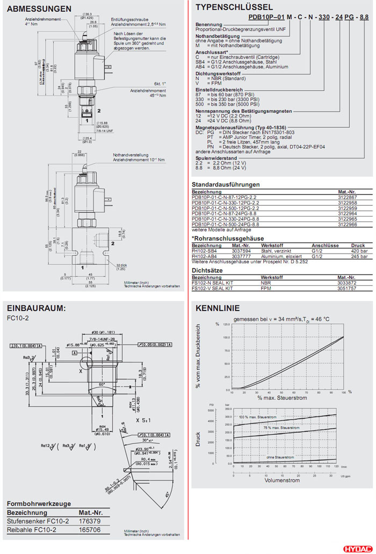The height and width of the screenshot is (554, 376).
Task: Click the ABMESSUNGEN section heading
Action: pos(39,9)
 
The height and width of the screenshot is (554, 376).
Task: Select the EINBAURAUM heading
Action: pos(36,308)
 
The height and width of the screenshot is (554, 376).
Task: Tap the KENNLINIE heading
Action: pos(218,308)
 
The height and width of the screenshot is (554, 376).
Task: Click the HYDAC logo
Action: pos(356,549)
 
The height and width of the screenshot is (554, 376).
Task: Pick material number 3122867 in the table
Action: pos(346,198)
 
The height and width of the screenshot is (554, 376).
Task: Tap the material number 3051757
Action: pos(346,288)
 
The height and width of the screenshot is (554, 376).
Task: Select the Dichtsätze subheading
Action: pos(207,271)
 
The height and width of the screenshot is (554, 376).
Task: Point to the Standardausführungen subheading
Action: pos(226,185)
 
